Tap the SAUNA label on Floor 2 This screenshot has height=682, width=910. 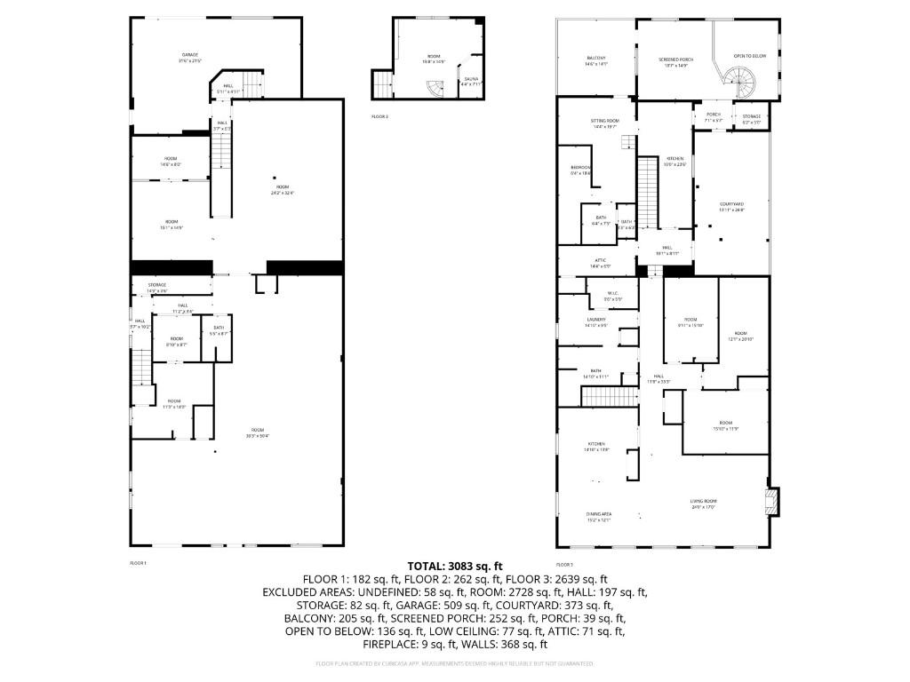tap(471, 81)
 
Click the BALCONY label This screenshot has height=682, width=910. tap(595, 60)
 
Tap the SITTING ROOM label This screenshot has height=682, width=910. tap(604, 123)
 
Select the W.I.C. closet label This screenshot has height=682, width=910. tap(612, 295)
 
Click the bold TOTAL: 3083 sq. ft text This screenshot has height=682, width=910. tap(455, 566)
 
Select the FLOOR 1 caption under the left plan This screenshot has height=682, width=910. tap(138, 563)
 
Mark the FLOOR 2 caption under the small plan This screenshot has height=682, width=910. tap(379, 116)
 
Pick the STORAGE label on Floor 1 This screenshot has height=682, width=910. tap(156, 287)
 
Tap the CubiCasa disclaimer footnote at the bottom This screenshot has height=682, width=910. tap(455, 663)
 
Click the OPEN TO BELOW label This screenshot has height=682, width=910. tap(748, 55)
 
